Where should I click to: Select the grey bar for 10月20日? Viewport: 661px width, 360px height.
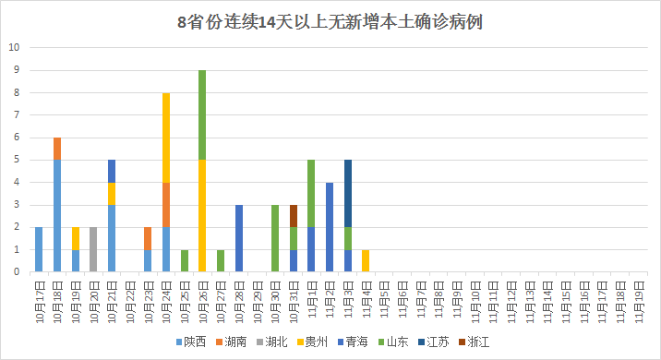(93, 249)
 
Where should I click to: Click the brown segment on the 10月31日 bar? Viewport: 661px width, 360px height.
(294, 215)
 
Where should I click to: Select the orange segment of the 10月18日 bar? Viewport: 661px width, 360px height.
(57, 148)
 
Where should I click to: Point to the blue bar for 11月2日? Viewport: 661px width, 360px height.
(330, 226)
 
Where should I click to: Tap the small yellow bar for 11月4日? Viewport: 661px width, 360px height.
(366, 260)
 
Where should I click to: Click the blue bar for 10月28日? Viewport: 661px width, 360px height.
(239, 238)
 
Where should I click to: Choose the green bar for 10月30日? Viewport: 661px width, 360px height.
(275, 238)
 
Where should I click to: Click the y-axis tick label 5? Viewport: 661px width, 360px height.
(15, 160)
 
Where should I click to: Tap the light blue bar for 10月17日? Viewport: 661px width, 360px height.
(39, 249)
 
